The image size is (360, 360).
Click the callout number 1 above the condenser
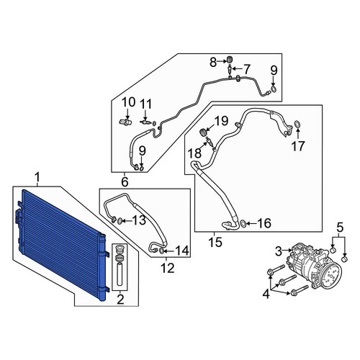pyautogui.click(x=37, y=179)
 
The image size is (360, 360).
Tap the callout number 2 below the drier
pyautogui.click(x=120, y=300)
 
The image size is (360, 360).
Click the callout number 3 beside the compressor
pyautogui.click(x=279, y=251)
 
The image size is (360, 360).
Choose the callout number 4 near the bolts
pyautogui.click(x=266, y=294)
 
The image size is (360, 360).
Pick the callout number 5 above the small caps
pyautogui.click(x=340, y=228)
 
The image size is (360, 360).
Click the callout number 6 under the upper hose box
pyautogui.click(x=125, y=182)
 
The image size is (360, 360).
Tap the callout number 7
pyautogui.click(x=246, y=69)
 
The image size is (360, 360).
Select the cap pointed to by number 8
pyautogui.click(x=230, y=59)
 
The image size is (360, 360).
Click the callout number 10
pyautogui.click(x=128, y=102)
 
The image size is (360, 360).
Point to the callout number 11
pyautogui.click(x=145, y=104)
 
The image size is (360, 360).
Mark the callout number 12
pyautogui.click(x=168, y=268)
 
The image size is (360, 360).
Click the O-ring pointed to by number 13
pyautogui.click(x=120, y=221)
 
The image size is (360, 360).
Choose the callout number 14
pyautogui.click(x=182, y=251)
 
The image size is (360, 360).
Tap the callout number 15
pyautogui.click(x=215, y=243)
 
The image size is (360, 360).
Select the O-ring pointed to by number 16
pyautogui.click(x=243, y=223)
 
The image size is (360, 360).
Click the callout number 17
pyautogui.click(x=298, y=146)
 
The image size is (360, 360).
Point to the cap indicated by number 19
pyautogui.click(x=203, y=132)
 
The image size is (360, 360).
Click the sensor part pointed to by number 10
pyautogui.click(x=125, y=122)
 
